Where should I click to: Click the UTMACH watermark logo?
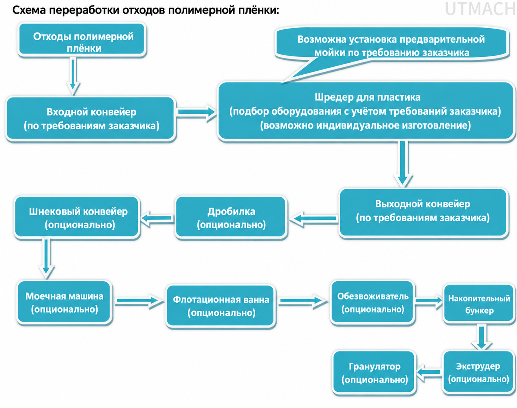(480, 9)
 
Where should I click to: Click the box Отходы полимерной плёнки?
(82, 40)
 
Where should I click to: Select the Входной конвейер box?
(91, 118)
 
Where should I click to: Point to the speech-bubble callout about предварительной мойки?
(391, 46)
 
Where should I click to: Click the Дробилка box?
(231, 218)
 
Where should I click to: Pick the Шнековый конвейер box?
(77, 218)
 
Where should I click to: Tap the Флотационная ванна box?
(221, 306)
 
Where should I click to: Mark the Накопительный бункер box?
(479, 304)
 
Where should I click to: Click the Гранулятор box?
(374, 373)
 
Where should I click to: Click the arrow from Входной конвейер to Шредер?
(197, 112)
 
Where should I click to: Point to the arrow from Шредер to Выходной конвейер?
(403, 164)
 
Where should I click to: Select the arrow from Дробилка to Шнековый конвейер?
(157, 218)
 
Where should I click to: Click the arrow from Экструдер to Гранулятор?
(429, 372)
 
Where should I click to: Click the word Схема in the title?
(29, 10)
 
